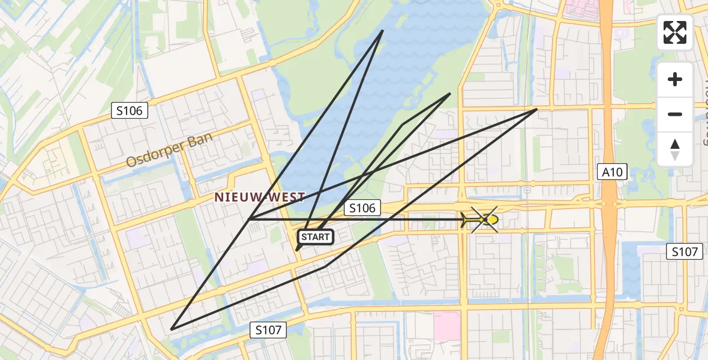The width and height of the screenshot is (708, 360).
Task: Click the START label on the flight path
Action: [316, 237]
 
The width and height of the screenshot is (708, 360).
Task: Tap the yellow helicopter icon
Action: [483, 220]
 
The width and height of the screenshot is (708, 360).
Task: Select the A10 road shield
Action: [613, 173]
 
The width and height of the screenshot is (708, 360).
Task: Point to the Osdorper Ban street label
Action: [169, 151]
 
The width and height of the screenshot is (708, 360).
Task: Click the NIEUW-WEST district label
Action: [260, 197]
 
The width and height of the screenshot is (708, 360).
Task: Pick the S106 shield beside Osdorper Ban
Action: [130, 110]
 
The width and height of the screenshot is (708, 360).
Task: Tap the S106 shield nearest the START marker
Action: [362, 208]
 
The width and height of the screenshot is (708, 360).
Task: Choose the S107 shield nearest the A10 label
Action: [685, 252]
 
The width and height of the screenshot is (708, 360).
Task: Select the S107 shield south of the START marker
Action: [268, 329]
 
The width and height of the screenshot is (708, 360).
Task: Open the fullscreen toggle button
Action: [675, 32]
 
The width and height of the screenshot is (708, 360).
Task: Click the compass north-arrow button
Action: [675, 149]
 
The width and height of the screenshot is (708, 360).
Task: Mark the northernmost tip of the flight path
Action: [383, 31]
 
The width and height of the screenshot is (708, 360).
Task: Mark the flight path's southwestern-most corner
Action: [172, 329]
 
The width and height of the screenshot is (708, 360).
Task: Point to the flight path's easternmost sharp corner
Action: [536, 110]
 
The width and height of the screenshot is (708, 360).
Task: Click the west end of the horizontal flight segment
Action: [250, 220]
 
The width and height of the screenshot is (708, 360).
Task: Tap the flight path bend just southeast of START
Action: [326, 265]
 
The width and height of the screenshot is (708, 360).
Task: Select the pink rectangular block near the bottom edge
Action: [446, 324]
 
